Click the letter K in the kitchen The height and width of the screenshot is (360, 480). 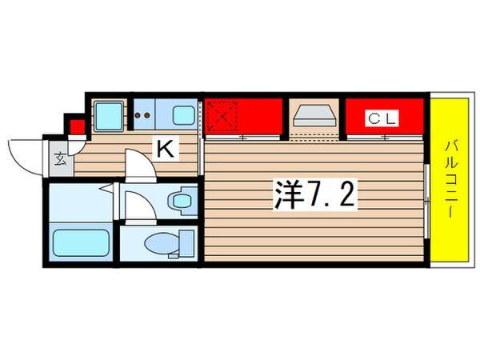pyautogui.click(x=166, y=147)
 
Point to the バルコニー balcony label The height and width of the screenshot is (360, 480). pyautogui.click(x=449, y=181)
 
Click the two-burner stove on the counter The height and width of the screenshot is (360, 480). pyautogui.click(x=146, y=116)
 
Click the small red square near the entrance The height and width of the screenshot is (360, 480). pyautogui.click(x=76, y=127)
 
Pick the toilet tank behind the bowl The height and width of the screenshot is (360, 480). pyautogui.click(x=186, y=242)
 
